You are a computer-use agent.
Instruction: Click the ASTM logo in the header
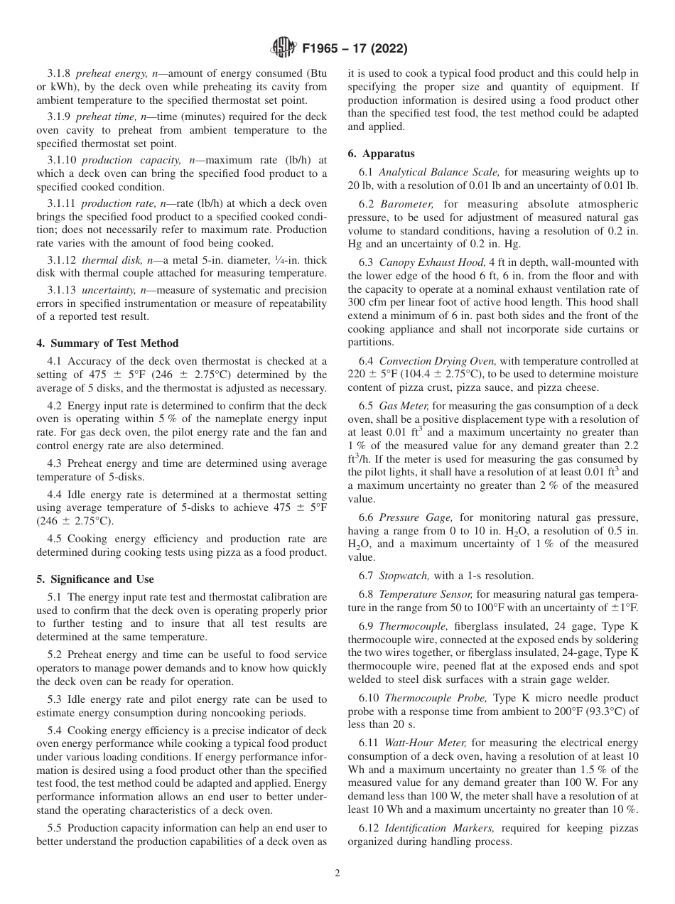pos(282,49)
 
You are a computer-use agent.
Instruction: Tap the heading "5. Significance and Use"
pos(95,579)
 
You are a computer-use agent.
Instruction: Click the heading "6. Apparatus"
pos(381,154)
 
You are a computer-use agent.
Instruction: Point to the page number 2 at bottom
pos(337,873)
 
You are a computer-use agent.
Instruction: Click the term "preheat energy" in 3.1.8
pos(108,73)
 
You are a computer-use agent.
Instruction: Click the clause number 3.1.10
pos(61,161)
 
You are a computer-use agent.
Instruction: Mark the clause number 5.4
pos(55,730)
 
